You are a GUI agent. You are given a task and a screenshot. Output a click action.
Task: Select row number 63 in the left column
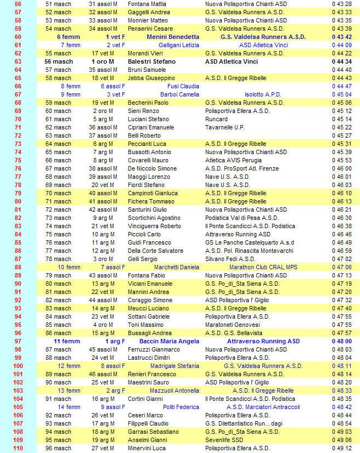click(18, 61)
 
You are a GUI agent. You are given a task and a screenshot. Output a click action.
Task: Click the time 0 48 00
click(341, 341)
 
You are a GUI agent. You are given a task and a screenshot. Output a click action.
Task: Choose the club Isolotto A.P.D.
click(263, 94)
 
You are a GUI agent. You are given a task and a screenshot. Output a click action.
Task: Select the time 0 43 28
click(341, 4)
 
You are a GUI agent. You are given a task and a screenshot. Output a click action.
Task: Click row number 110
click(18, 448)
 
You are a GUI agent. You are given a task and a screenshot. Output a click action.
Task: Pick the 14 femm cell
click(69, 407)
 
